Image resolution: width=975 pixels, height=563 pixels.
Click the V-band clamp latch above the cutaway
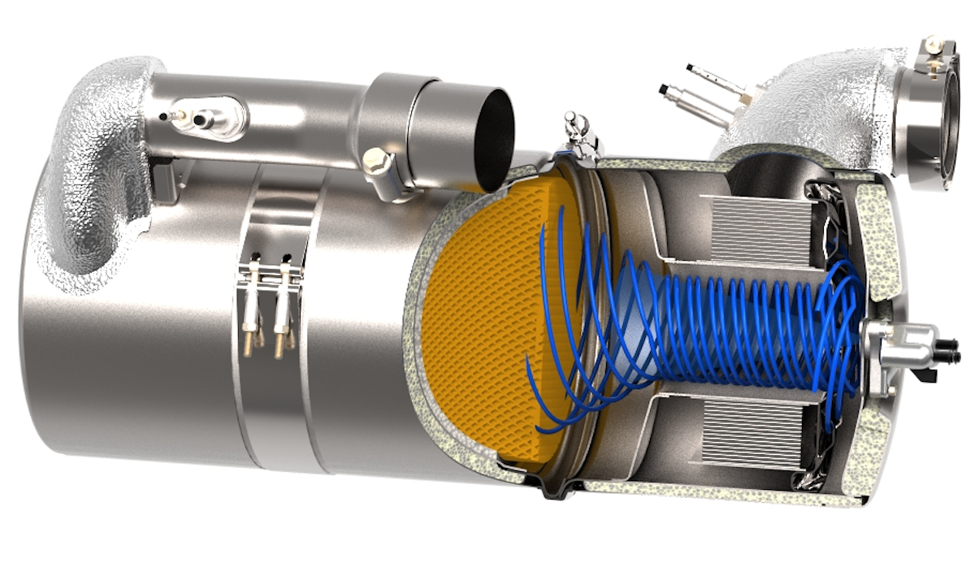tap(578, 134)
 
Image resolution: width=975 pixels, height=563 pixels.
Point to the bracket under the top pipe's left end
tap(162, 183)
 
